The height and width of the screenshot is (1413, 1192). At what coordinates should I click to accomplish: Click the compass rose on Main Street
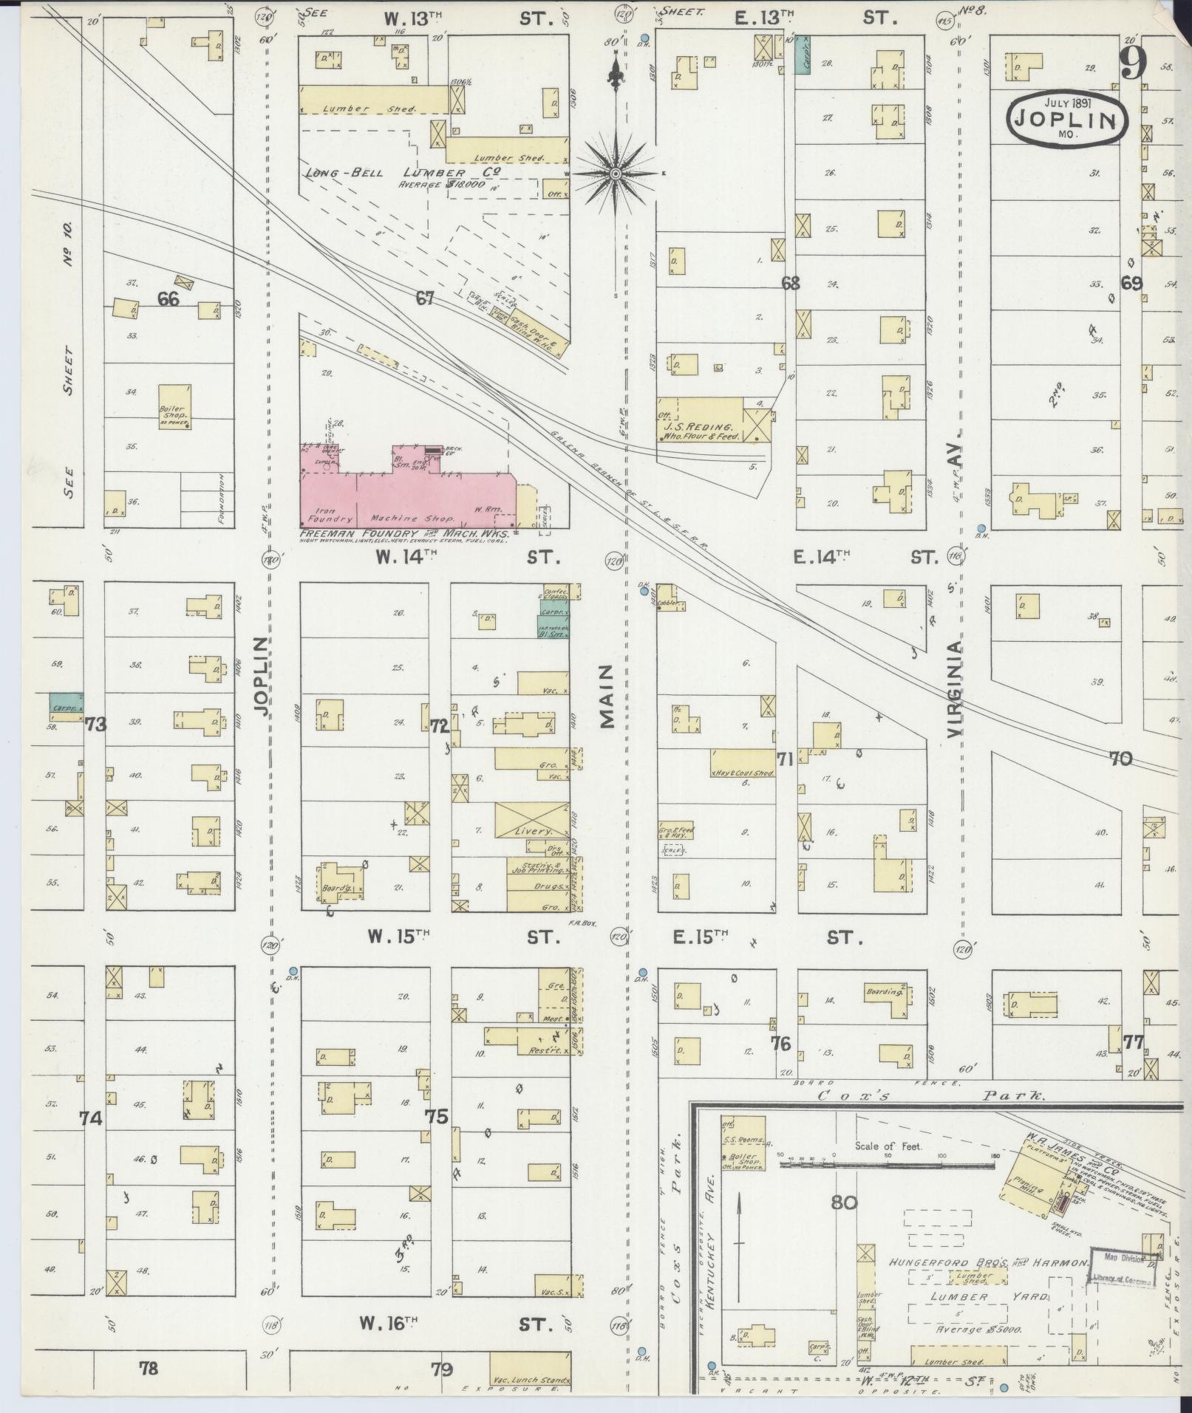615,173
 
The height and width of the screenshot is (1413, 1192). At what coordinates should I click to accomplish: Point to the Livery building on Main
532,820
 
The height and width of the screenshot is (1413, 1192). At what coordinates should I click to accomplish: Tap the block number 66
168,299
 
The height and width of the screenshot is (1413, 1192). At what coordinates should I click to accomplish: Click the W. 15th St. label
399,937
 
